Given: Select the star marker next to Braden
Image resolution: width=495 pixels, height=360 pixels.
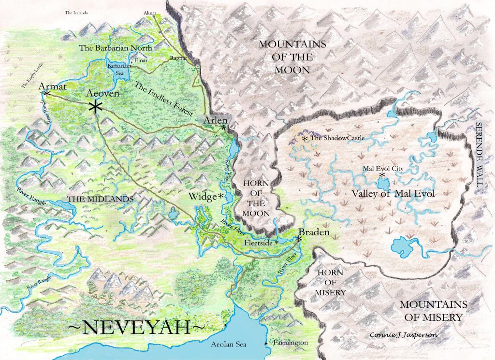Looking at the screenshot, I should [299, 238].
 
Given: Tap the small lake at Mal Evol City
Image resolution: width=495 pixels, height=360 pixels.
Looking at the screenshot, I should [383, 184].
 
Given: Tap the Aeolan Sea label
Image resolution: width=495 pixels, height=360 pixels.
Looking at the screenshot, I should [229, 345].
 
